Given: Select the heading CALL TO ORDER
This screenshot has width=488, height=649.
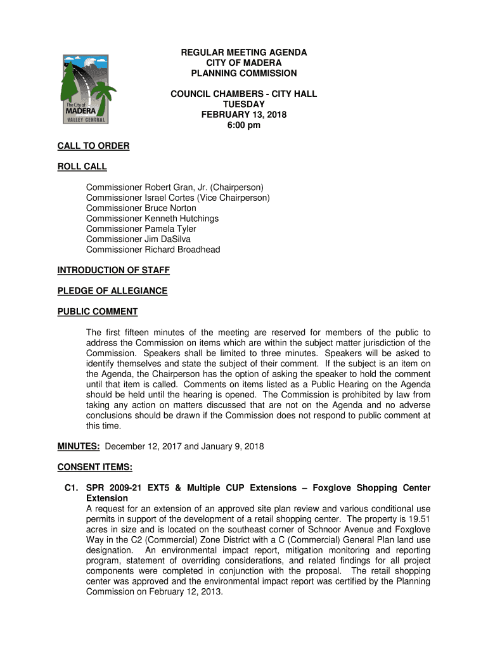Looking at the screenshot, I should (x=93, y=146).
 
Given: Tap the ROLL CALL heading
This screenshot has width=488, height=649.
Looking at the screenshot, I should (x=82, y=167).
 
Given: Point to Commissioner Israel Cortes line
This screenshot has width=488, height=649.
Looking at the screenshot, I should (x=177, y=198).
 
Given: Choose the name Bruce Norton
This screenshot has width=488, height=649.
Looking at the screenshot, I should (x=170, y=208).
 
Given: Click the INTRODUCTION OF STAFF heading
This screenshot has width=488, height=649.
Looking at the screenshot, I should (x=113, y=271).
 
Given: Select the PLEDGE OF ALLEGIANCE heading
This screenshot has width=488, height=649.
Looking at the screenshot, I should (x=112, y=291).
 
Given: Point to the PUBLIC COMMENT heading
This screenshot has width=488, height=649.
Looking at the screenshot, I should (x=98, y=312).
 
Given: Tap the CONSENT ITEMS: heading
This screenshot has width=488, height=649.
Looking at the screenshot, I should (x=95, y=468).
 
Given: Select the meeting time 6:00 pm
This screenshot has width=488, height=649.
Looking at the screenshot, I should (x=244, y=125).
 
